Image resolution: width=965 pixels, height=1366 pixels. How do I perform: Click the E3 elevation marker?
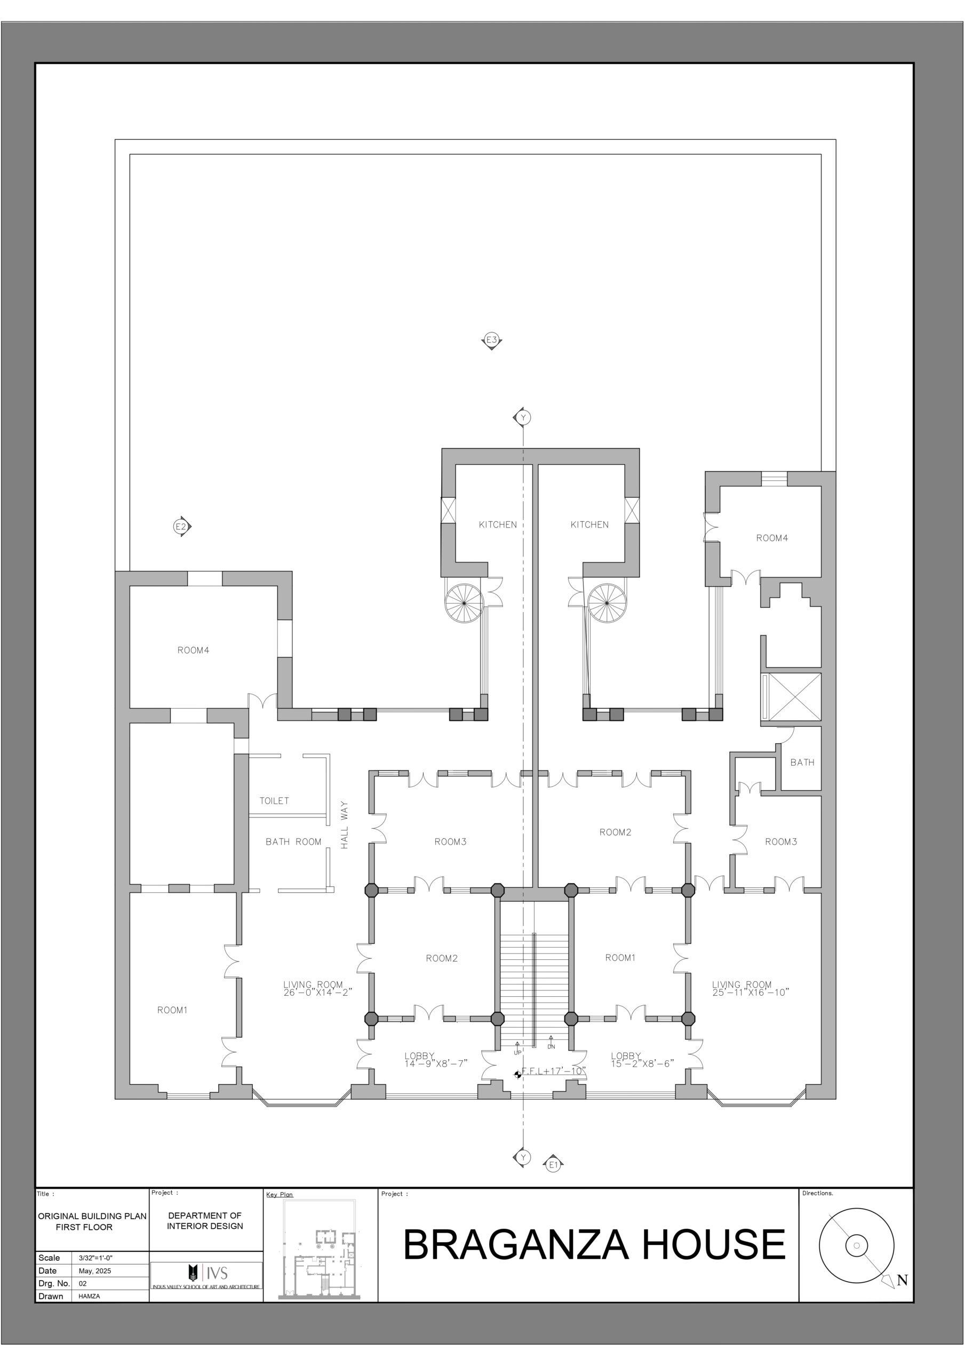click(491, 341)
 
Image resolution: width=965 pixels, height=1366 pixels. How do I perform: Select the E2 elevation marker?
click(182, 527)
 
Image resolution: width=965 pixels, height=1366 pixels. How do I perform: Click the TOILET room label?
click(274, 801)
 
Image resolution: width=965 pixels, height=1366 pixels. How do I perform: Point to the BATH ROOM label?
click(293, 842)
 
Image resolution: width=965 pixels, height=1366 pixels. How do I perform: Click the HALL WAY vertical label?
click(345, 824)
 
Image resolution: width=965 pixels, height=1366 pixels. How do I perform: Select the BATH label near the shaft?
click(802, 762)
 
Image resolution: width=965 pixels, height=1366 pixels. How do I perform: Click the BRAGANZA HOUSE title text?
click(594, 1244)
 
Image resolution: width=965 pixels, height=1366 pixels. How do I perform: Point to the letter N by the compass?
click(902, 1280)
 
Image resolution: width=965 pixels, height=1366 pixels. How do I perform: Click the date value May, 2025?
click(95, 1271)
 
